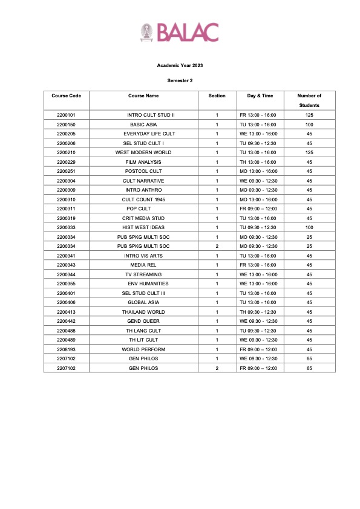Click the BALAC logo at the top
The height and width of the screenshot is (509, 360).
(179, 32)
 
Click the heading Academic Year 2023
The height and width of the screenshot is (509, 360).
(180, 66)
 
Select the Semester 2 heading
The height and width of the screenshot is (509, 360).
(180, 80)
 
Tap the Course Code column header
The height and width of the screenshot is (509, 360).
(66, 96)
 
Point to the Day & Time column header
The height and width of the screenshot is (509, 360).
(260, 96)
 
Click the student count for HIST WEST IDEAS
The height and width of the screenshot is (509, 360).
(309, 227)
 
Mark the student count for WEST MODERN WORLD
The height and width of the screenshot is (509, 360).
(309, 152)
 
